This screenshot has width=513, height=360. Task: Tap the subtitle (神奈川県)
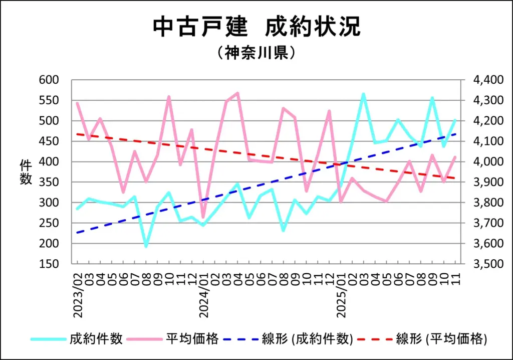[256, 53]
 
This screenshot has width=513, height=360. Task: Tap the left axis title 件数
[26, 172]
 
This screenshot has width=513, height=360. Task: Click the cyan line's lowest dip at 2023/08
[146, 246]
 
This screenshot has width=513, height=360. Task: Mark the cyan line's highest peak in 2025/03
[363, 94]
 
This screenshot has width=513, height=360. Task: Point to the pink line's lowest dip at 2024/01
[203, 217]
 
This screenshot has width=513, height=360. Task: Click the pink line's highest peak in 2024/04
[237, 93]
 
